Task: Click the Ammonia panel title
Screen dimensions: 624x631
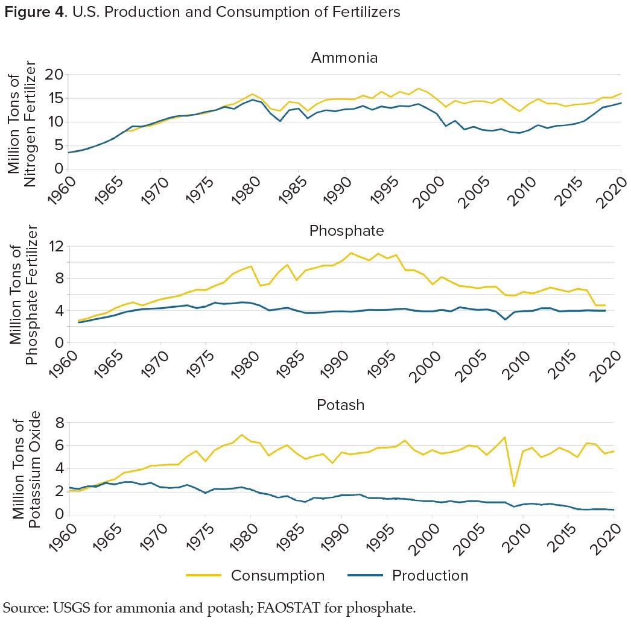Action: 344,58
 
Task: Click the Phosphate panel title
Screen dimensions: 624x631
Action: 346,231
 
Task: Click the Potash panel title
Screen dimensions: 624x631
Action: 341,405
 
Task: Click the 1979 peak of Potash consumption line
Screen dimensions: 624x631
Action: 241,435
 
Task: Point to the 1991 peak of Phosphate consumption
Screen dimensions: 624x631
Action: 350,253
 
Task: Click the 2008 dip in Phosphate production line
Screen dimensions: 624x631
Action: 505,319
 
